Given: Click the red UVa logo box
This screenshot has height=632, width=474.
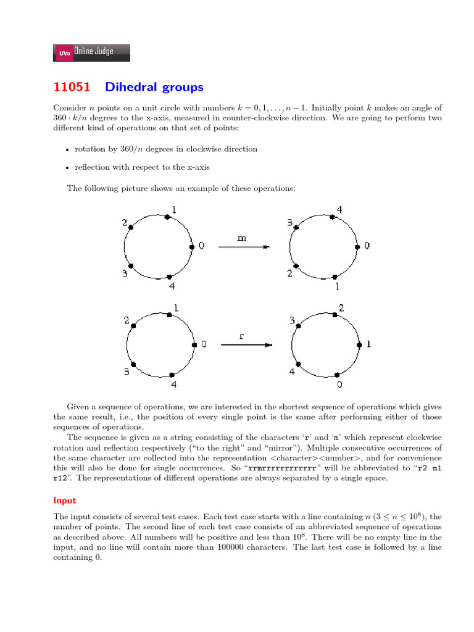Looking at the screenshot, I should coord(64,54).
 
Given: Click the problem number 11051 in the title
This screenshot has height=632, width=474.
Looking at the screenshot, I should coord(73,87).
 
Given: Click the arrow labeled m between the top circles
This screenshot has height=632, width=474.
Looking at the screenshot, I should coord(244,247).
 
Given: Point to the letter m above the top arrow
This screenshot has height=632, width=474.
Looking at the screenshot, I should coord(242,237).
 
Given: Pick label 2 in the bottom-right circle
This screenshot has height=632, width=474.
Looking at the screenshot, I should coord(341,308).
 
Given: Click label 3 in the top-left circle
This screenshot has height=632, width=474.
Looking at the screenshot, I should coord(125,273).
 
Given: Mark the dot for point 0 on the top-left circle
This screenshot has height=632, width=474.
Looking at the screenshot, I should coord(192,246).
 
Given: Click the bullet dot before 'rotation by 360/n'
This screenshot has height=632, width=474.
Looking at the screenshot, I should coord(67,150).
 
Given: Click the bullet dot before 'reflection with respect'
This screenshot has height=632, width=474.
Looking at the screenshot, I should coord(67,167).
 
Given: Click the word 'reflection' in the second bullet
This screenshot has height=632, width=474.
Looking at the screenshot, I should coord(91,167).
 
